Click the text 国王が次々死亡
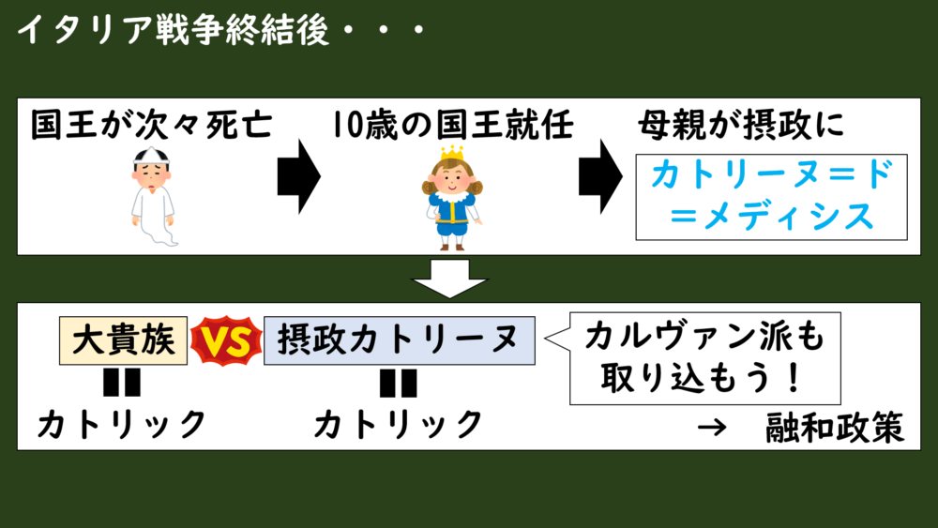[x=150, y=124]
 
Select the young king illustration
[x=451, y=197]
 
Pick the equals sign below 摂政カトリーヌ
[x=399, y=384]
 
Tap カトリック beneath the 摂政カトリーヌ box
[x=399, y=425]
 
